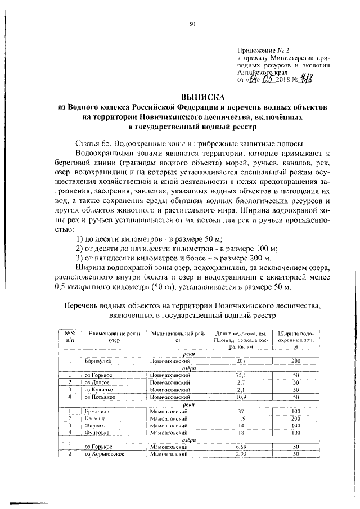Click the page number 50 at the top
tap(192, 24)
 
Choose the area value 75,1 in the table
tap(242, 375)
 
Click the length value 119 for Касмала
tap(242, 418)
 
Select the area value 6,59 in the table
tap(242, 447)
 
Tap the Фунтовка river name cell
tap(97, 433)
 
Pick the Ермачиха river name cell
tap(97, 411)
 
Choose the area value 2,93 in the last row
tap(242, 454)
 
